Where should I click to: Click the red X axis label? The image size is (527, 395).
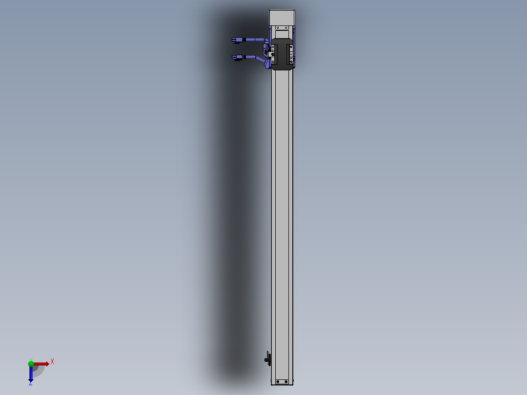52,361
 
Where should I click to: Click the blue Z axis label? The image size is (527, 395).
30,383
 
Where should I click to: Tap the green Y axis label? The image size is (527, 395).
30,359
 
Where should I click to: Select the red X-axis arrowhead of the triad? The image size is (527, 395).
47,364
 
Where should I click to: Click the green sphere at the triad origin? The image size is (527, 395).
31,363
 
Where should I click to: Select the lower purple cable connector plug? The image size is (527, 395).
238,58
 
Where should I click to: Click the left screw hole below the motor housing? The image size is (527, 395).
278,28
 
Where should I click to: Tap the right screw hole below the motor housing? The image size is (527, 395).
287,28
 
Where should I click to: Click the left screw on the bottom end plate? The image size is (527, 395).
278,381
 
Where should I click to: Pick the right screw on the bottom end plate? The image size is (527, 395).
287,381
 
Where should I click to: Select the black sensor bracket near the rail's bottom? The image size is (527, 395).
267,358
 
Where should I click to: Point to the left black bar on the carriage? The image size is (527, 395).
275,54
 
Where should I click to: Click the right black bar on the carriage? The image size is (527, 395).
289,54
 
